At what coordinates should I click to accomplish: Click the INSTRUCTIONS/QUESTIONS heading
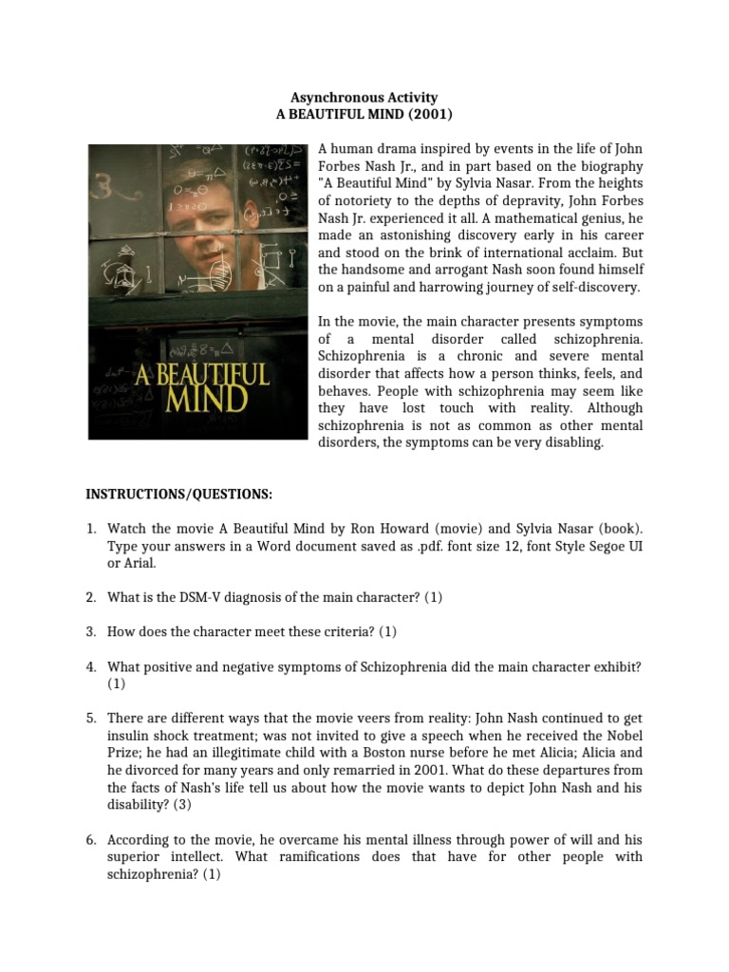pyautogui.click(x=179, y=495)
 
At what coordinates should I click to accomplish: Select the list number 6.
pyautogui.click(x=92, y=839)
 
